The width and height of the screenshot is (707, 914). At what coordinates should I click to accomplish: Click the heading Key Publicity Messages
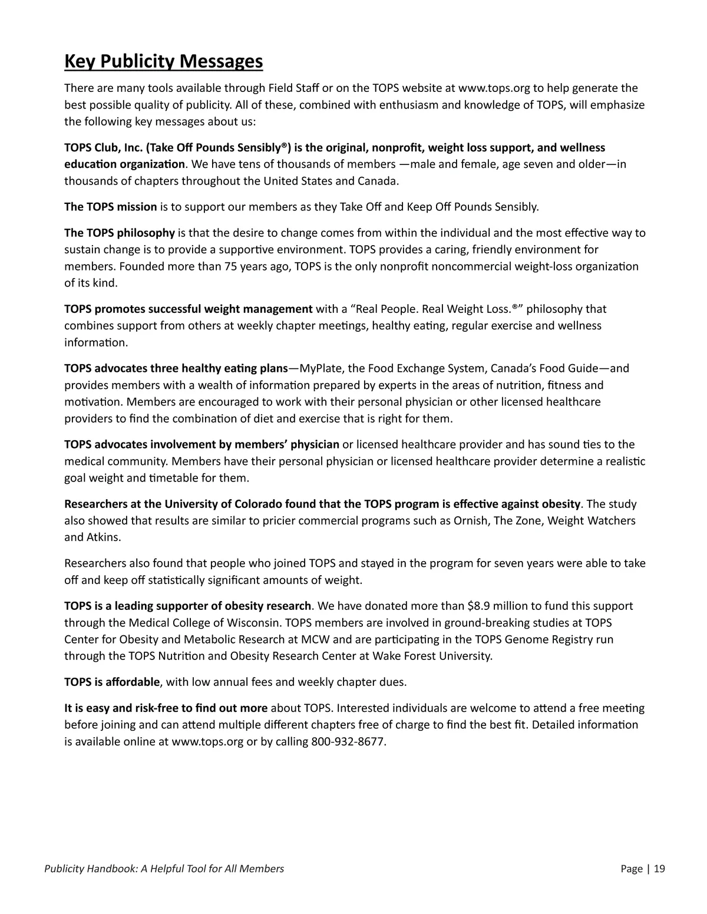tap(163, 61)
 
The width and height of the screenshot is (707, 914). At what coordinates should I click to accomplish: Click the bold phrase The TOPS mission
tap(110, 207)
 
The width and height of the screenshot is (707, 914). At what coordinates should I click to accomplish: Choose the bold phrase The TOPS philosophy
tap(119, 233)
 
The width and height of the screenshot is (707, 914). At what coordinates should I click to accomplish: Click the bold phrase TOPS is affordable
tap(111, 682)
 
